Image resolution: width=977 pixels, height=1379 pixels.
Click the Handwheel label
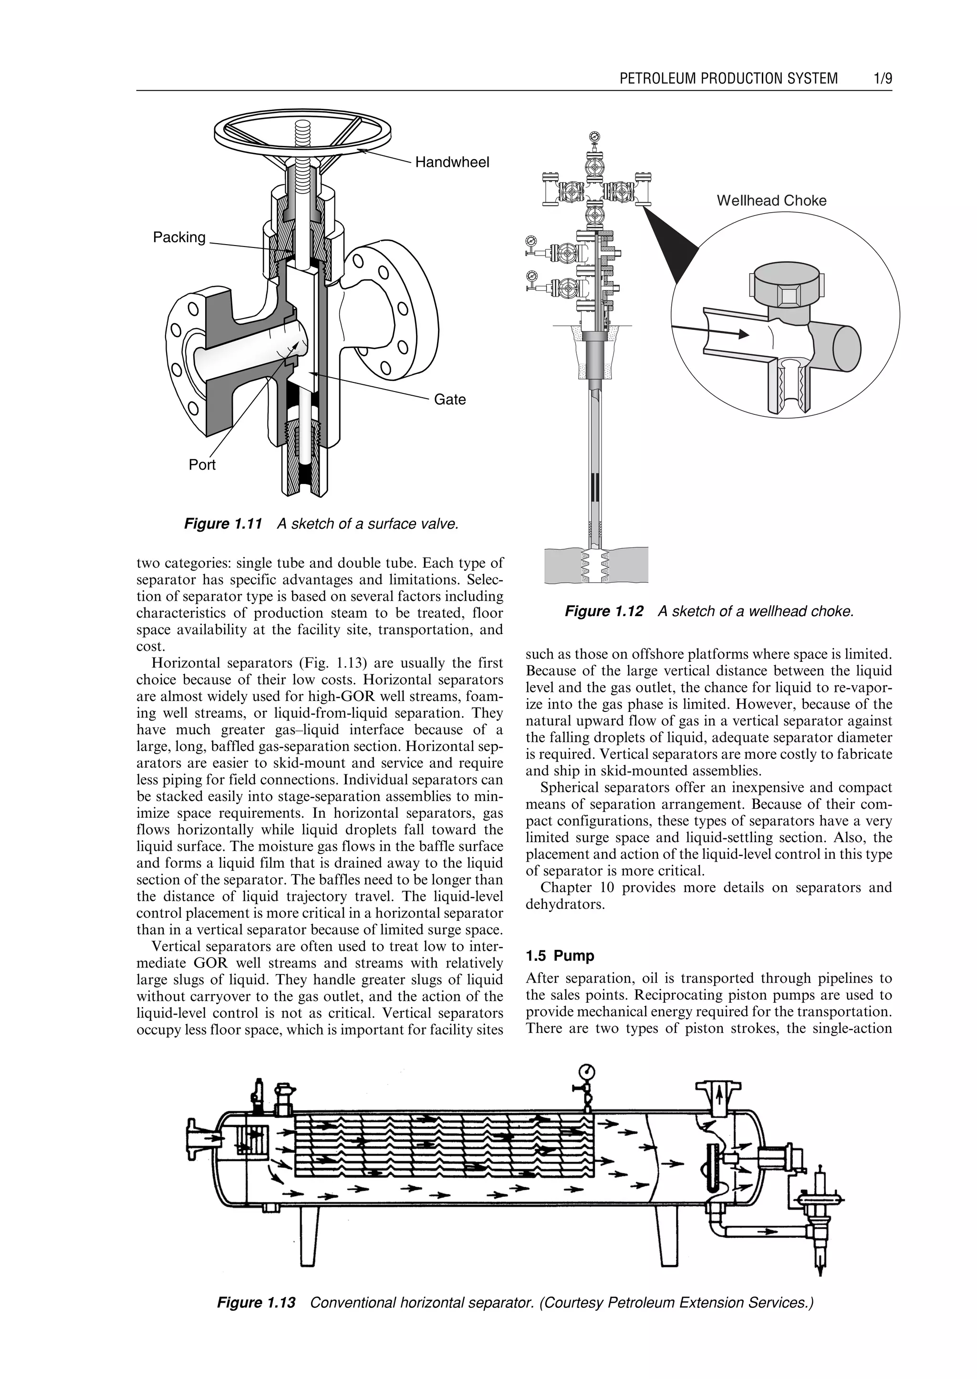pyautogui.click(x=452, y=162)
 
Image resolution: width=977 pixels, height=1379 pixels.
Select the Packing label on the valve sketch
pyautogui.click(x=179, y=237)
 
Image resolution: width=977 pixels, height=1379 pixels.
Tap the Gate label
pyautogui.click(x=449, y=399)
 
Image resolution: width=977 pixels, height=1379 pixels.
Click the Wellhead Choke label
pyautogui.click(x=771, y=200)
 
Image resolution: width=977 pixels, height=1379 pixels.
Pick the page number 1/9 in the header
pyautogui.click(x=883, y=78)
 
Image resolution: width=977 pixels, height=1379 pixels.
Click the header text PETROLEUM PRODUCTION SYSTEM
pyautogui.click(x=728, y=78)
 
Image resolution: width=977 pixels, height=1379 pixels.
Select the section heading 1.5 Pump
pyautogui.click(x=560, y=956)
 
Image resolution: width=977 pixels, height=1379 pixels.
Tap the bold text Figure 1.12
pyautogui.click(x=603, y=611)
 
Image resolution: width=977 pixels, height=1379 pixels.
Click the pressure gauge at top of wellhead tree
pyautogui.click(x=594, y=135)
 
